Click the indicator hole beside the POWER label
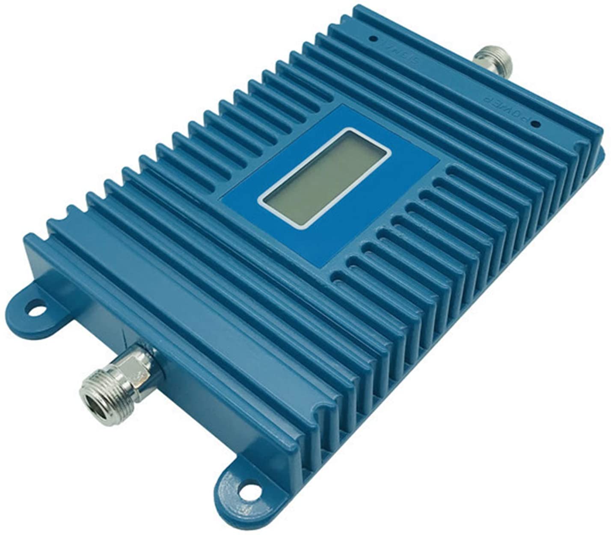(535, 125)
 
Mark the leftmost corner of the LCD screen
(261, 200)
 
